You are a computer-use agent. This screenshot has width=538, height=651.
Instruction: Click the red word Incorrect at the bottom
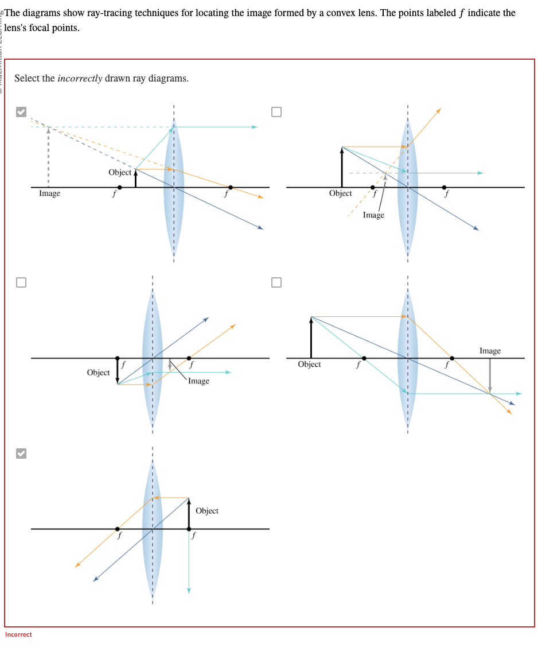(18, 634)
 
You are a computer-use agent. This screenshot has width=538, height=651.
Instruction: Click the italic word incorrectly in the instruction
(80, 78)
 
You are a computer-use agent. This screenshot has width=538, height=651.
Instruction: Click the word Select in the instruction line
(27, 78)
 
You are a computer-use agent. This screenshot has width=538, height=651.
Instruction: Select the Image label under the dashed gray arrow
(49, 193)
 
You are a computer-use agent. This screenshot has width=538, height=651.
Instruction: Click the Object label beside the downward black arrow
(98, 373)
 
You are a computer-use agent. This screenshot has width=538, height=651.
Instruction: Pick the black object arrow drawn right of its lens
(189, 513)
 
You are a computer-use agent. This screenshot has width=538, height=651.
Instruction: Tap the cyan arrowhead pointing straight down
(189, 590)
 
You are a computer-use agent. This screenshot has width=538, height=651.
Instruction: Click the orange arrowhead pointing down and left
(77, 565)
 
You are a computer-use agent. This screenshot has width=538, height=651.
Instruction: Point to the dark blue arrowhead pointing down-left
(96, 579)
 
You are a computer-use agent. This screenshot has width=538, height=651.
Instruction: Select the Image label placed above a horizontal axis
(490, 351)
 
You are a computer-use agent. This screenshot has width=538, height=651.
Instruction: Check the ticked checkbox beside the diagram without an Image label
(21, 454)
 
